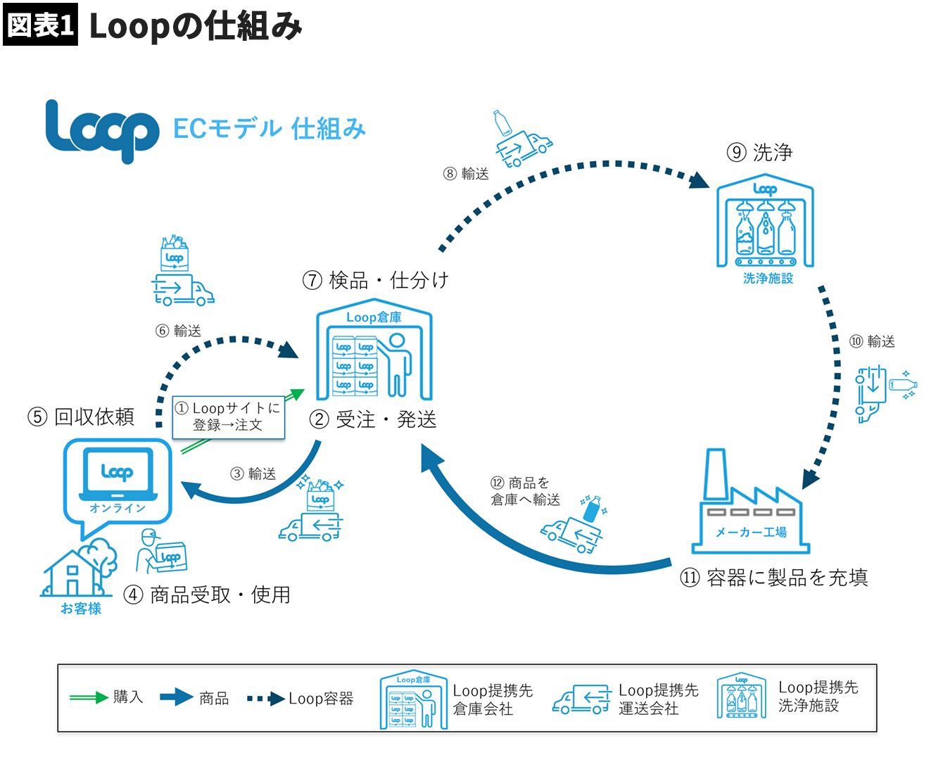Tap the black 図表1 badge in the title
40,25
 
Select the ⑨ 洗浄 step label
759,152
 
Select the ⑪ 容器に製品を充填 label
773,578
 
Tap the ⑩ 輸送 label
872,341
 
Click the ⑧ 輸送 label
466,174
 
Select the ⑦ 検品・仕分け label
375,280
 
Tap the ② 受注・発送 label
373,419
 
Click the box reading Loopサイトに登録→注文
229,417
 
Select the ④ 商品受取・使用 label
207,595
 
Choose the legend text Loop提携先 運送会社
658,699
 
